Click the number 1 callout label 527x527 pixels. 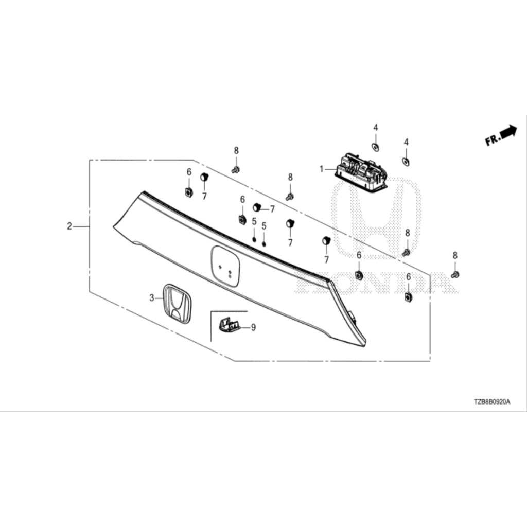321,169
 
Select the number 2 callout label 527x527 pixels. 69,226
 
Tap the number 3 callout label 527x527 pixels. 152,298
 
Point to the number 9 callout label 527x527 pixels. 253,327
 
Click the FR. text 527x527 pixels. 493,139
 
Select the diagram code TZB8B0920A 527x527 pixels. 491,401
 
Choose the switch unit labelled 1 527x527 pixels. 361,173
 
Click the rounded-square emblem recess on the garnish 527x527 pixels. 225,266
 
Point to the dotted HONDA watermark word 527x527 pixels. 376,283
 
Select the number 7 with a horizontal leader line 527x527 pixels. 272,209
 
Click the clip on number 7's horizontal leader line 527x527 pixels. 257,207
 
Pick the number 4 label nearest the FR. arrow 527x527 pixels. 406,142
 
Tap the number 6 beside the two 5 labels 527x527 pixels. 242,200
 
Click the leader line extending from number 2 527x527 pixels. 81,227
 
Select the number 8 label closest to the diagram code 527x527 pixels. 455,255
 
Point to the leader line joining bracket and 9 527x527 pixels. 245,327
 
